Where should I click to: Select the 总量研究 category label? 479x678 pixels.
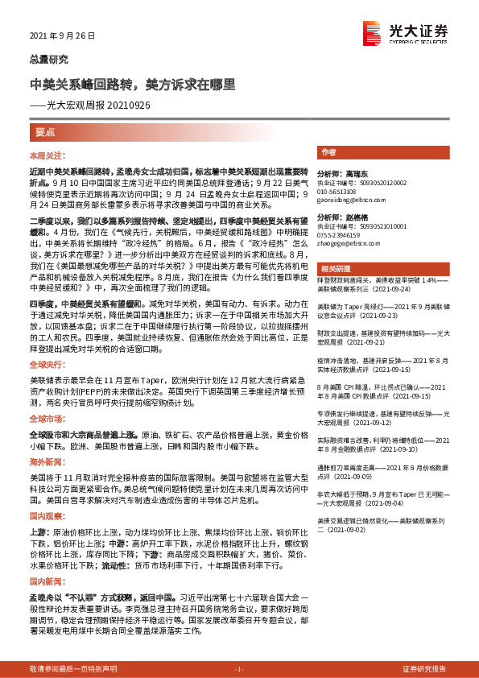click(x=45, y=60)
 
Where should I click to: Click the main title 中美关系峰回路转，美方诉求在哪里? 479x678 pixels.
click(x=132, y=83)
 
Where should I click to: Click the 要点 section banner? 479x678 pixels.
click(x=47, y=130)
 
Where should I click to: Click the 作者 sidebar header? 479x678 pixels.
click(x=328, y=152)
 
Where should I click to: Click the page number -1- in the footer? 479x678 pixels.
click(x=239, y=669)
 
